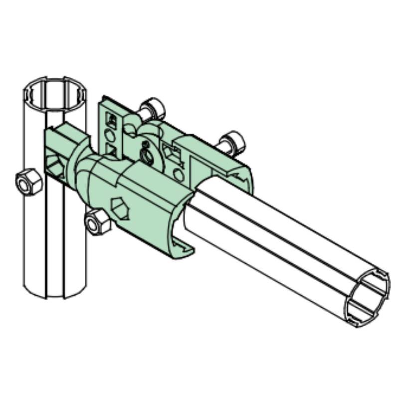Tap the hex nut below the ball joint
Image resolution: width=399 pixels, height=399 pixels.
click(x=97, y=221)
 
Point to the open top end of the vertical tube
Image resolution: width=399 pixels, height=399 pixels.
click(x=55, y=92)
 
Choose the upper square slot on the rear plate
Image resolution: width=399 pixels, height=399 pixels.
click(x=112, y=120)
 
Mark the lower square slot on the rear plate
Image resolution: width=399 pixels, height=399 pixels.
click(x=112, y=150)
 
